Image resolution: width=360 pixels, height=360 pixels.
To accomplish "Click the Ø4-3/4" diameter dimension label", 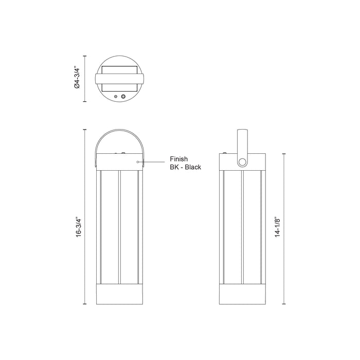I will pyautogui.click(x=77, y=79).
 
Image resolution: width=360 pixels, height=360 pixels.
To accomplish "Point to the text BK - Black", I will pyautogui.click(x=185, y=167).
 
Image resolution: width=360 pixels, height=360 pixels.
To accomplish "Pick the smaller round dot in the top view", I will pyautogui.click(x=116, y=96).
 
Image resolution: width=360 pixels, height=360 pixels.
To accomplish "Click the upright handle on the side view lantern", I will pyautogui.click(x=242, y=141).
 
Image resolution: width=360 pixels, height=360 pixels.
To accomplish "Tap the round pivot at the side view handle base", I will pyautogui.click(x=242, y=163).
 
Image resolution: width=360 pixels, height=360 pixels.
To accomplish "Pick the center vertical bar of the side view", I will pyautogui.click(x=242, y=229).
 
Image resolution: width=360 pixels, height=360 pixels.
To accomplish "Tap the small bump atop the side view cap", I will pyautogui.click(x=225, y=152).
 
